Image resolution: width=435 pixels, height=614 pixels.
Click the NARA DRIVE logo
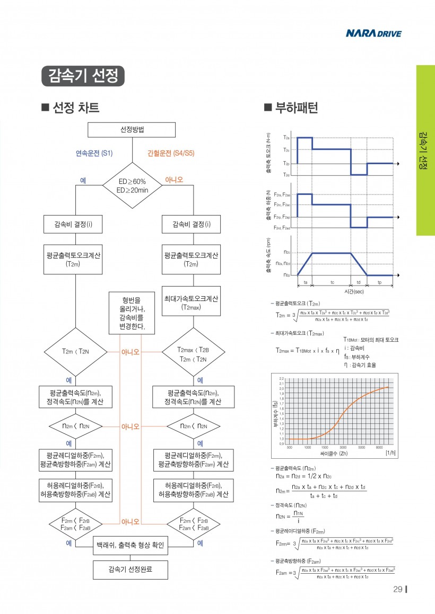(373, 34)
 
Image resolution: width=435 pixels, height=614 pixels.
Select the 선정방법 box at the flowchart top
(132, 130)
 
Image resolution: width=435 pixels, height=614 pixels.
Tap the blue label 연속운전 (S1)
(94, 154)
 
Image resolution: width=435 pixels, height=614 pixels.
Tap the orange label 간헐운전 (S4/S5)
(171, 154)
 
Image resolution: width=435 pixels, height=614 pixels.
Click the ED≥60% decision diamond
(132, 185)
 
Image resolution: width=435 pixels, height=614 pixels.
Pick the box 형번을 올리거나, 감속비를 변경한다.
(132, 313)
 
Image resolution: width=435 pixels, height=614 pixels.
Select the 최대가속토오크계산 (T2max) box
(190, 302)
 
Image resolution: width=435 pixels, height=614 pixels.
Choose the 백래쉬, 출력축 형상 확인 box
(131, 545)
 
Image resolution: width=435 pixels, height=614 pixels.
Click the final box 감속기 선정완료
(131, 569)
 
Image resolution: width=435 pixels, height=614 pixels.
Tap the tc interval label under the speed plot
(332, 283)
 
